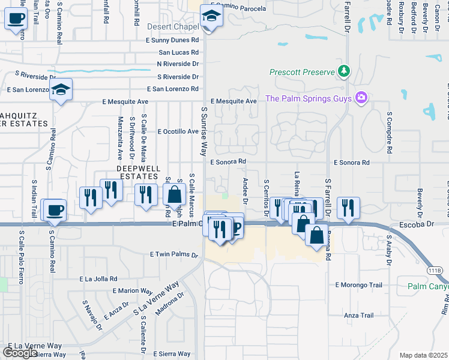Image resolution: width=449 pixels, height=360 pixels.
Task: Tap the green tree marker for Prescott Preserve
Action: (x=344, y=72)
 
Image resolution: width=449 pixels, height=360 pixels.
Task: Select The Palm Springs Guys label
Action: (x=309, y=98)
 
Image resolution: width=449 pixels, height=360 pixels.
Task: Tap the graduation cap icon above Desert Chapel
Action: (x=211, y=16)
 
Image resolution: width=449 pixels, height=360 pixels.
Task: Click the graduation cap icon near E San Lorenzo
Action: (x=60, y=91)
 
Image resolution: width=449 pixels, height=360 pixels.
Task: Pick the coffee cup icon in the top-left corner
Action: (x=16, y=18)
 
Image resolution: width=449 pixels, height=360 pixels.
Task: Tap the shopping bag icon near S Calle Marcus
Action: (x=174, y=195)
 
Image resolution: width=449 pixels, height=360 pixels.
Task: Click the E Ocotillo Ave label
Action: (x=178, y=131)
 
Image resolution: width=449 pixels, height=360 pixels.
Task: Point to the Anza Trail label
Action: (x=358, y=316)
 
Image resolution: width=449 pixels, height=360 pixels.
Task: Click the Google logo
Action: (x=19, y=353)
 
